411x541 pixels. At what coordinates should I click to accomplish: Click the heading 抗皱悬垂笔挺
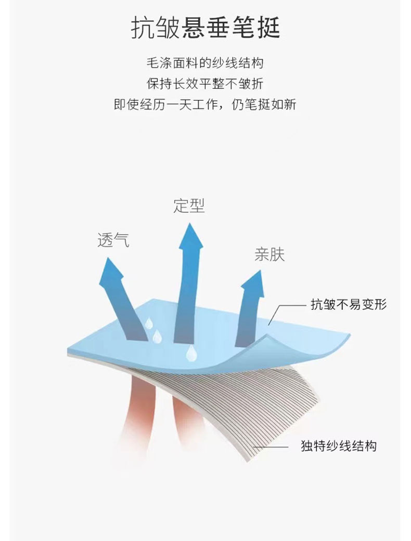tap(205, 28)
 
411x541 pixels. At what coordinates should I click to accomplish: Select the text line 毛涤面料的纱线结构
tap(205, 64)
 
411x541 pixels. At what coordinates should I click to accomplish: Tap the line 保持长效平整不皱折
tap(205, 84)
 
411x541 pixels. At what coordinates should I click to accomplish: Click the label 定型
tap(189, 206)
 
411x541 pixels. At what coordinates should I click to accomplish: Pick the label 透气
tap(113, 240)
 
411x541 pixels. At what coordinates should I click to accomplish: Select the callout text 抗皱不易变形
tap(349, 304)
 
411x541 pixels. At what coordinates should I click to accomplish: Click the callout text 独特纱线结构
tap(339, 445)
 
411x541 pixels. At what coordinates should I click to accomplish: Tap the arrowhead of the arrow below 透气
tap(109, 270)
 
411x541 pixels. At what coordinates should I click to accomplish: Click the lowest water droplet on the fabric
tap(191, 353)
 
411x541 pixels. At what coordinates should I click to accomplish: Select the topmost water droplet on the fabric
tap(149, 323)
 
